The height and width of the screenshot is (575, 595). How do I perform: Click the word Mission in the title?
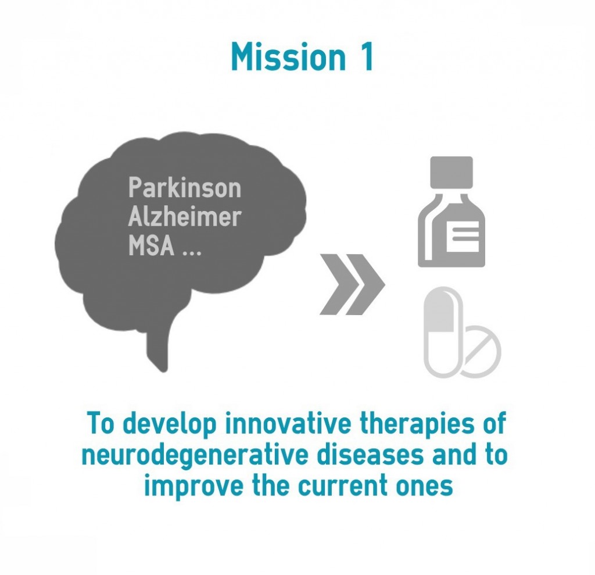tap(288, 56)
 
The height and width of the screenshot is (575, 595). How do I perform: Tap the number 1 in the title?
tap(366, 56)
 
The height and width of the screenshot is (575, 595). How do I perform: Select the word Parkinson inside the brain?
tap(185, 187)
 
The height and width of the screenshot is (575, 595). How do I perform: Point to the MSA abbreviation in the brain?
tap(152, 245)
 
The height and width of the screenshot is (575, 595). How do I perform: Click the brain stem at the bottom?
tap(159, 342)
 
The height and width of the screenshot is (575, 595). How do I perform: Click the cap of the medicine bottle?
tap(451, 173)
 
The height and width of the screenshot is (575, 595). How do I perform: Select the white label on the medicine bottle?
tap(463, 237)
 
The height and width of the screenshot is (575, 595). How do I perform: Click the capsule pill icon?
tap(443, 333)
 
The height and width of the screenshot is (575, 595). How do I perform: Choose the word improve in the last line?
tap(193, 487)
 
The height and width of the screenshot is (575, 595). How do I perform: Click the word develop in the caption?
tap(170, 424)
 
